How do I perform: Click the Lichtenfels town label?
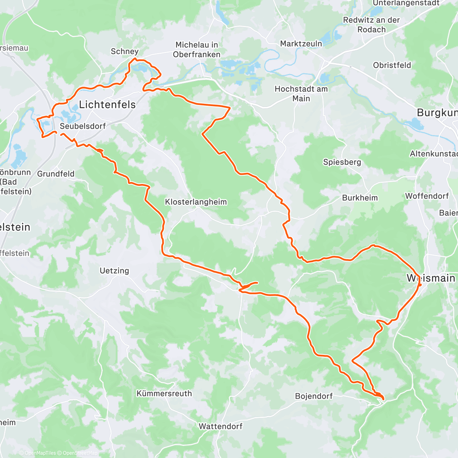coord(107,104)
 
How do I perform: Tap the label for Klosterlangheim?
coord(196,202)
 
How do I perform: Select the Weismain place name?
coord(431,278)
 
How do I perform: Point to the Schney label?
coord(124,51)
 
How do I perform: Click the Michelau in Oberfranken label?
coord(197,50)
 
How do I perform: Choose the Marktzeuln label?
coord(301,44)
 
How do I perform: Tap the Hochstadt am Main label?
coord(301,94)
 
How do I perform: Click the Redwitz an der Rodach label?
coord(371,25)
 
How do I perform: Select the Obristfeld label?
coord(392,65)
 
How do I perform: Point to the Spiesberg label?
coord(342,162)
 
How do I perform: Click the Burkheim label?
coord(360,198)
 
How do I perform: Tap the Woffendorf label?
coord(427,196)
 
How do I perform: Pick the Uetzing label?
coord(114,271)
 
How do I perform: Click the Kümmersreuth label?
coord(164,393)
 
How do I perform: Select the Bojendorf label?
coord(314,396)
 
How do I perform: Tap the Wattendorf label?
coord(220,426)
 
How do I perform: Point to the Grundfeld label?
coord(56,174)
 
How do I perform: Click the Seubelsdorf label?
coord(83,126)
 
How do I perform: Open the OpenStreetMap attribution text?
coord(80,453)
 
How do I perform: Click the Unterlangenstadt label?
coord(406,3)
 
